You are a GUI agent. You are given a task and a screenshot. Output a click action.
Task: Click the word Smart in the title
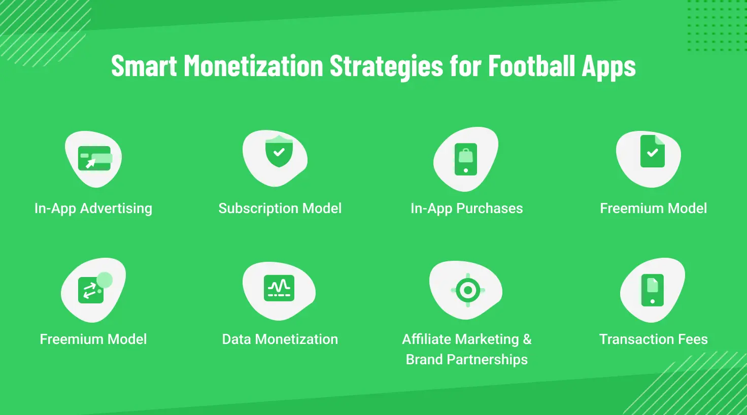(x=144, y=66)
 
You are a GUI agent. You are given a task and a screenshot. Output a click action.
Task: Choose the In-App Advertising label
(x=93, y=209)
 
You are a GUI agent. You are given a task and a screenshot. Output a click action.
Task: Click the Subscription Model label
(x=280, y=209)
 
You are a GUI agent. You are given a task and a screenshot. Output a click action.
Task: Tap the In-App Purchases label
(x=466, y=209)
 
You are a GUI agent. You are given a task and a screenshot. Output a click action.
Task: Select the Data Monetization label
(x=280, y=339)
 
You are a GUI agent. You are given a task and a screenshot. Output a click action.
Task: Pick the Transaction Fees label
(x=653, y=339)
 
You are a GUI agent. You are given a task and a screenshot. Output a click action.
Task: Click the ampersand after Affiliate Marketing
(x=527, y=339)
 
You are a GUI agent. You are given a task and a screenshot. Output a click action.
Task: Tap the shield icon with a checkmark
(x=279, y=153)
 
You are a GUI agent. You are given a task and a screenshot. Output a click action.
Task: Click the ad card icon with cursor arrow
(x=94, y=158)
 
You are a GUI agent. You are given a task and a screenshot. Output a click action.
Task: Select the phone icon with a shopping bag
(x=466, y=159)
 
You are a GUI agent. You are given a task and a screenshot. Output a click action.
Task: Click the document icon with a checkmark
(x=653, y=151)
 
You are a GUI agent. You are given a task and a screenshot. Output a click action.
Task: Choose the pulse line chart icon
(x=279, y=288)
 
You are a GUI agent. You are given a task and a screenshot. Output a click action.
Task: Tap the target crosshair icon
(x=467, y=291)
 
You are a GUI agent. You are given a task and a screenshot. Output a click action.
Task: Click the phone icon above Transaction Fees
(x=653, y=290)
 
